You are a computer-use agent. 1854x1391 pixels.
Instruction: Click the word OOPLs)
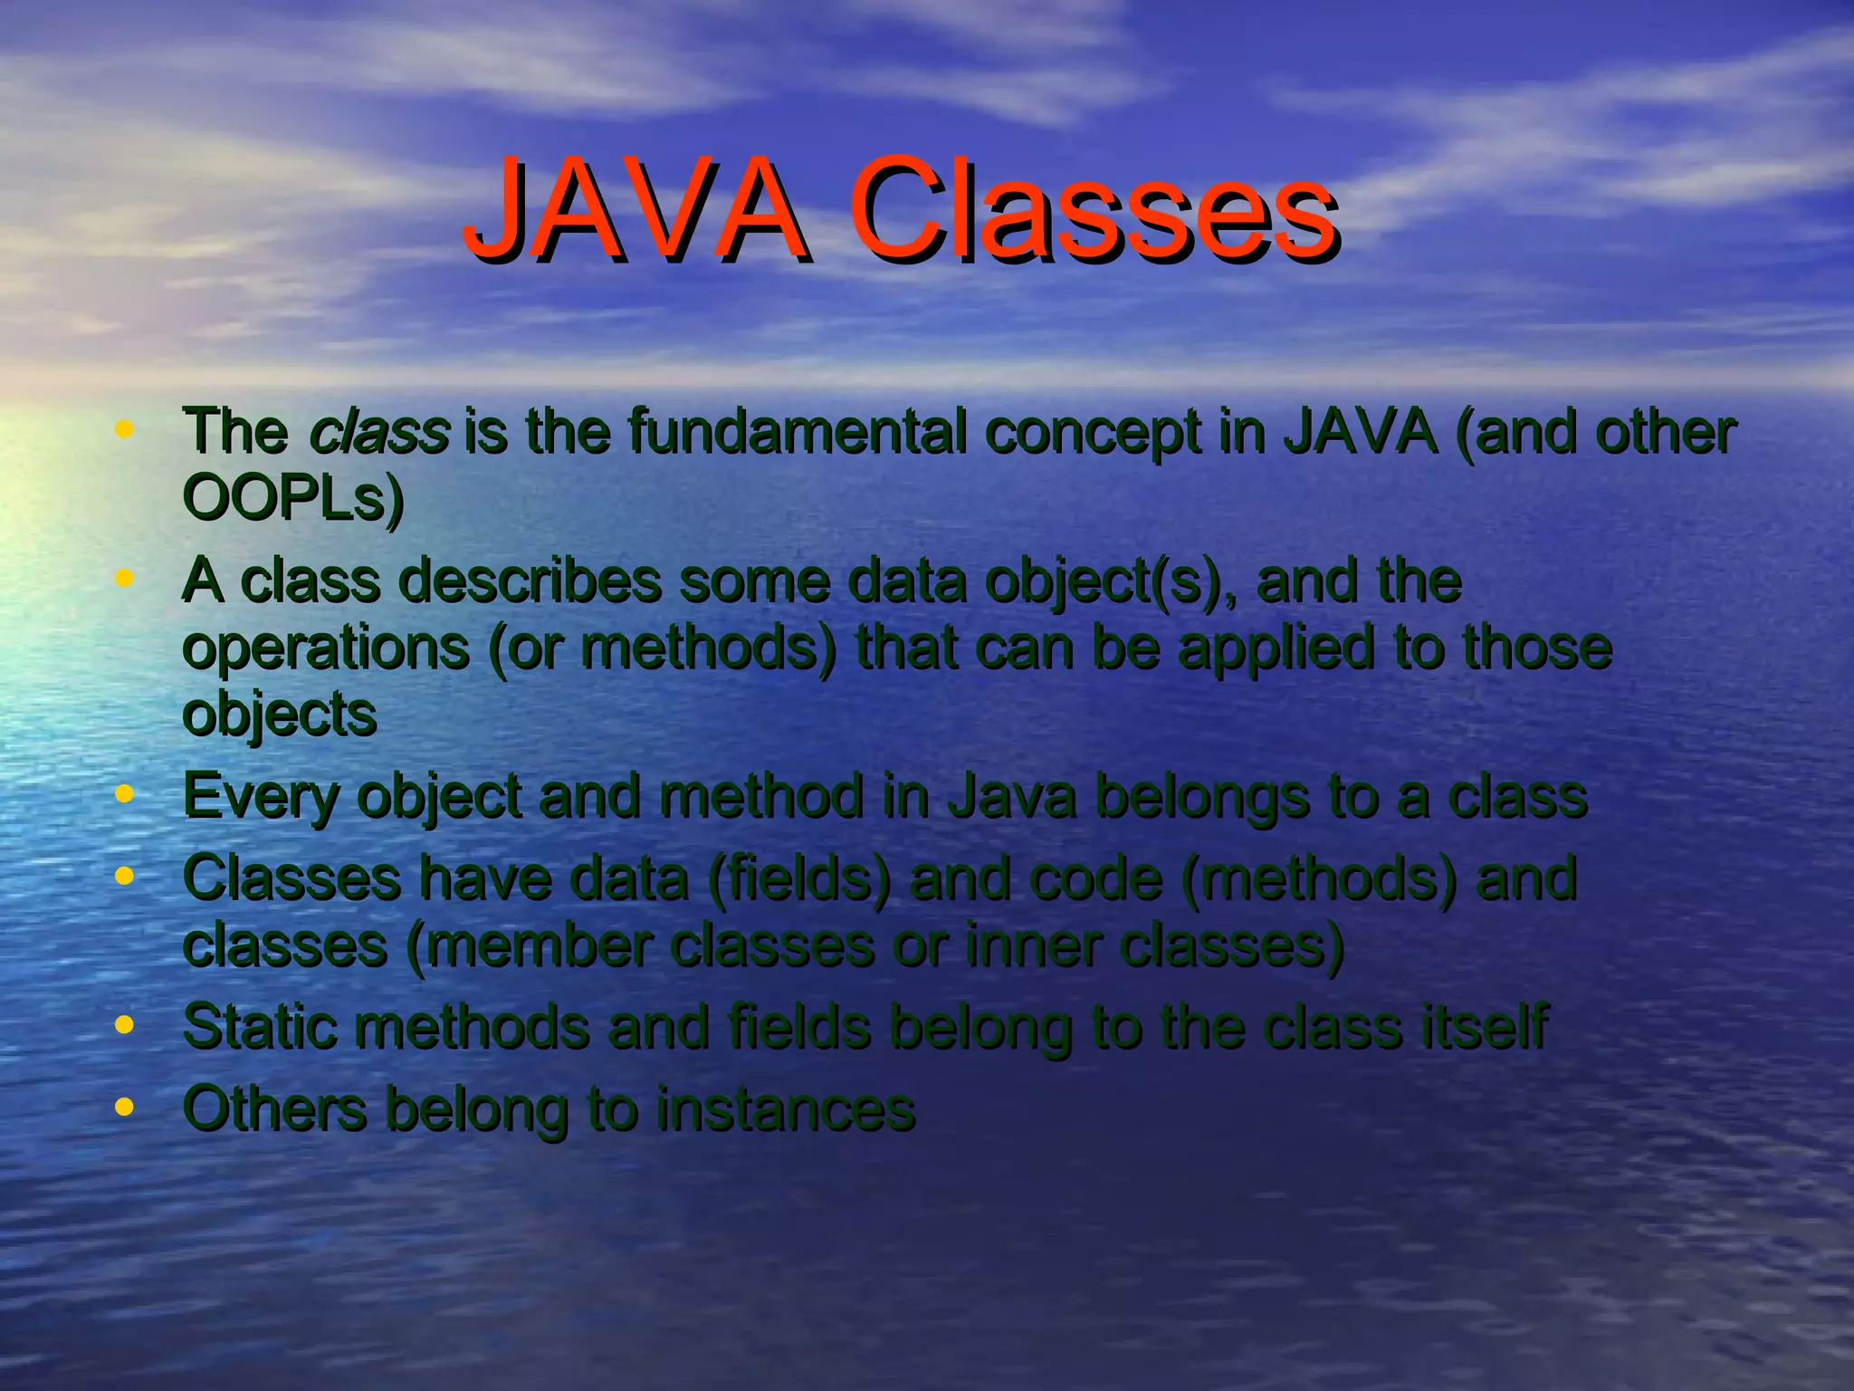click(x=293, y=498)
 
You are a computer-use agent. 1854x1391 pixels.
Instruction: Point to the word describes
click(x=530, y=580)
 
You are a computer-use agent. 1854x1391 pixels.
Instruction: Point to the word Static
click(x=260, y=1028)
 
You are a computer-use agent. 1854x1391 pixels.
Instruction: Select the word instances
click(x=785, y=1108)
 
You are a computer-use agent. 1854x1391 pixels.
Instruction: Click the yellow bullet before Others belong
click(x=125, y=1107)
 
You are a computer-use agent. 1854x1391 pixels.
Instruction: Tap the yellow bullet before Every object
click(x=125, y=794)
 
